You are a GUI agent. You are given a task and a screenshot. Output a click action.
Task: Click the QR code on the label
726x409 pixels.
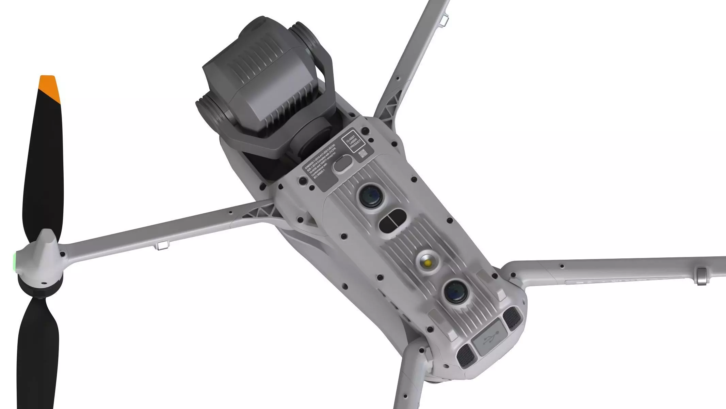point(363,153)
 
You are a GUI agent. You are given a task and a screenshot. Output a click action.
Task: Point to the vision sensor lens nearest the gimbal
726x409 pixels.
point(370,196)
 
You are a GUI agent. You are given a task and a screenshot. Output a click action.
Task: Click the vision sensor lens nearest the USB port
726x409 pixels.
point(456,291)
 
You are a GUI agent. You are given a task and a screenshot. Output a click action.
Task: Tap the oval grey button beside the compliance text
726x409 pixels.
point(342,163)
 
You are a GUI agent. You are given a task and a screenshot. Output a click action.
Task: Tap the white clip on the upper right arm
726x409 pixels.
point(443,20)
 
